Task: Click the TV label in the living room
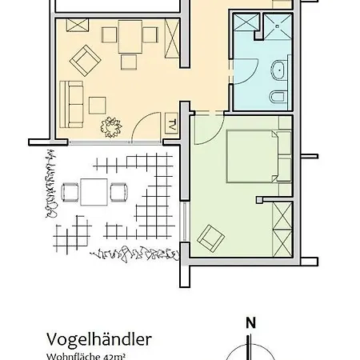[172, 125]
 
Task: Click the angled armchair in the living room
[85, 58]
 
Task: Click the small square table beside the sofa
[98, 104]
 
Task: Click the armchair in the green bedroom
[210, 236]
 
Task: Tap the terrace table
[94, 193]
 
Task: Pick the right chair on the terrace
[119, 192]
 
